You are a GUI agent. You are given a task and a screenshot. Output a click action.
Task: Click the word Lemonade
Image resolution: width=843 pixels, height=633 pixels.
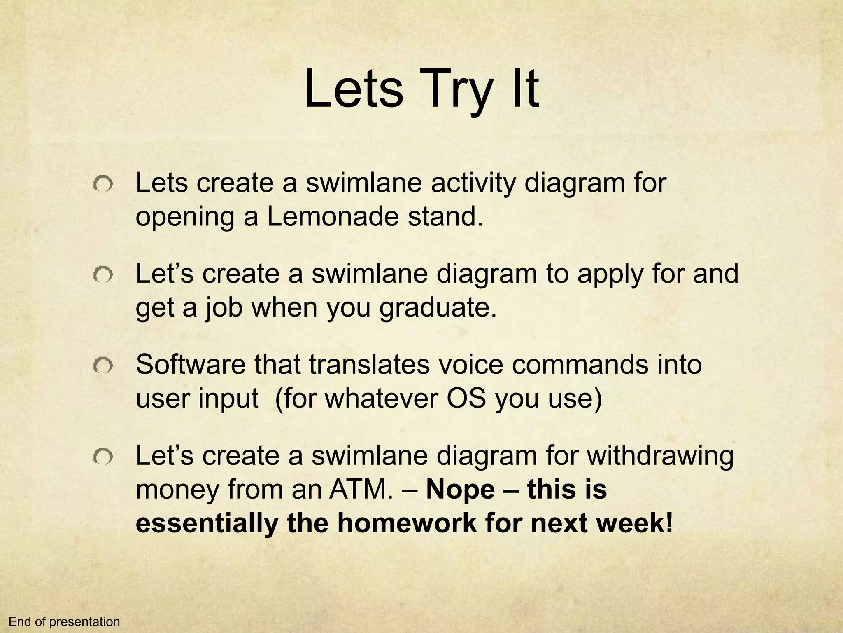click(x=333, y=216)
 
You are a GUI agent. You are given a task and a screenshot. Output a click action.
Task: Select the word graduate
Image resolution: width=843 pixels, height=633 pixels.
click(x=437, y=307)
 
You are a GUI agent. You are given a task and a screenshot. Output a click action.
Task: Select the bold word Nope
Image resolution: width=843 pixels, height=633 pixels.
click(x=461, y=490)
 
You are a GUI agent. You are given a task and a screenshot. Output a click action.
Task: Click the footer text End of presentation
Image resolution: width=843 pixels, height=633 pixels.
click(x=64, y=622)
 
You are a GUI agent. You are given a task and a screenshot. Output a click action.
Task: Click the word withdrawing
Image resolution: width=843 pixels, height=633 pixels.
click(x=660, y=456)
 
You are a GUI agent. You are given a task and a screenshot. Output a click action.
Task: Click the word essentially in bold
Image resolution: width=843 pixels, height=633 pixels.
click(x=207, y=523)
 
